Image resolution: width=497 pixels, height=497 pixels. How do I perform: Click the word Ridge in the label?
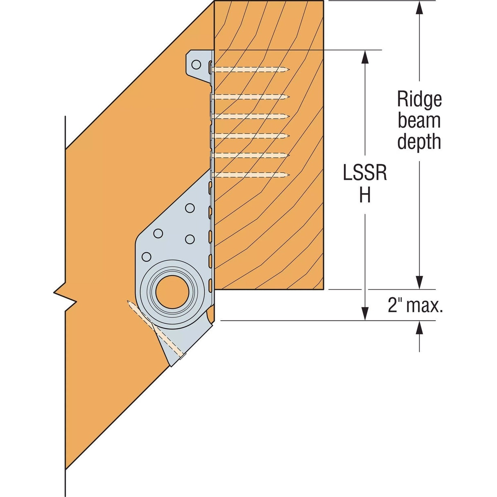419,99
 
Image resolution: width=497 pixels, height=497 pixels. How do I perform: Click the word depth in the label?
419,142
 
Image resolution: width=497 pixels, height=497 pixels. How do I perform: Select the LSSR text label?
365,174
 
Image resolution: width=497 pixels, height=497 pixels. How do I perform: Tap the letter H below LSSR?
365,195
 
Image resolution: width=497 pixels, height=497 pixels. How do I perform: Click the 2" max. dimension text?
415,305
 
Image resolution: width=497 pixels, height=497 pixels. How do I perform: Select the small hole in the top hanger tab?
197,65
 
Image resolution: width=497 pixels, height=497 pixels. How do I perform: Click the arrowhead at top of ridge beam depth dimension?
419,8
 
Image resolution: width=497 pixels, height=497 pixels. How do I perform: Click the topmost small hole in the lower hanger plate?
190,208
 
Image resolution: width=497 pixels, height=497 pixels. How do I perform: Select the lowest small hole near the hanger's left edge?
145,257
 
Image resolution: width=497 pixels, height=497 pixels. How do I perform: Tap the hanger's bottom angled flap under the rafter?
170,348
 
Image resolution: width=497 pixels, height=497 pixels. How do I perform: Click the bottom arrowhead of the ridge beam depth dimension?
419,282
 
